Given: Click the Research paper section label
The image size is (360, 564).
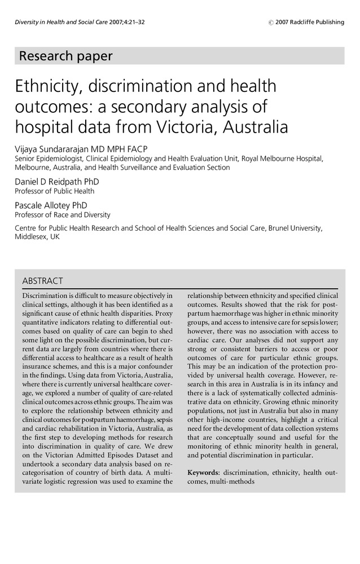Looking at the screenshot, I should click(65, 56).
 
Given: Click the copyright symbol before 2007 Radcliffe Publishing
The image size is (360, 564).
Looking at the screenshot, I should click(271, 23).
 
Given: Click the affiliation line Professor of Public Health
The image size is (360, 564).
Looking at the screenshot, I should click(54, 191).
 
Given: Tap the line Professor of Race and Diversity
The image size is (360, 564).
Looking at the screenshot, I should click(62, 215).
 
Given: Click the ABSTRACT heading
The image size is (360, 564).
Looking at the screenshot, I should click(42, 281).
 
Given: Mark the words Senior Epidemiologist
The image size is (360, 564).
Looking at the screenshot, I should click(45, 158).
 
